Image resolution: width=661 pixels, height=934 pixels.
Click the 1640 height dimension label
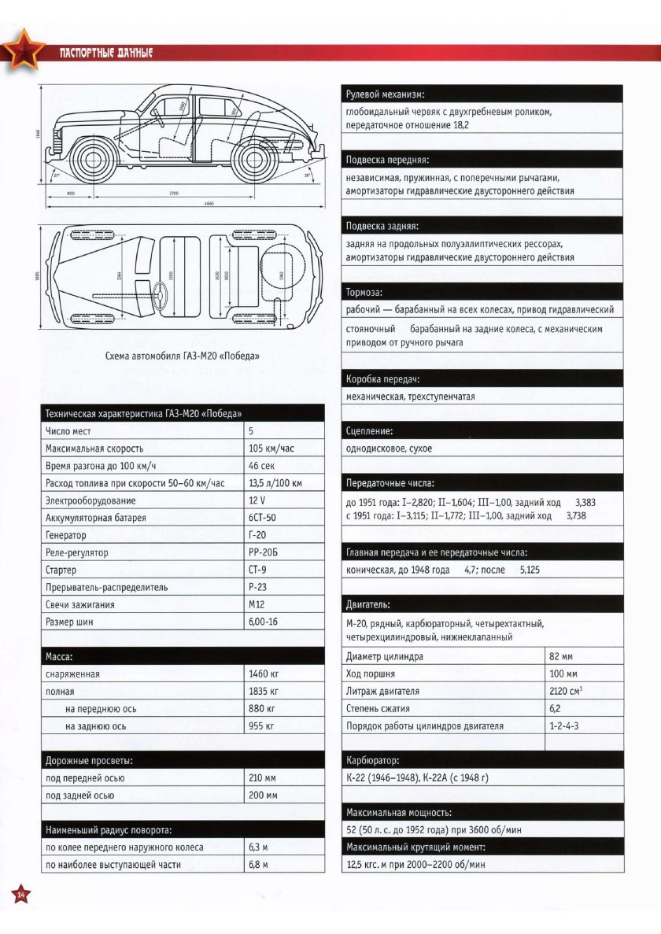tap(38, 133)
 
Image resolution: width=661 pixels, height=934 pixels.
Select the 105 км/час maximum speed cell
tap(271, 449)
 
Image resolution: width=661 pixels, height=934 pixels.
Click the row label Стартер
tap(61, 570)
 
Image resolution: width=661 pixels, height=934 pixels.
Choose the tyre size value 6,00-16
tap(263, 622)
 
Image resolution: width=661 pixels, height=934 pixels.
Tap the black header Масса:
tap(60, 656)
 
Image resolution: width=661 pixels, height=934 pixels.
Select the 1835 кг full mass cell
tap(264, 692)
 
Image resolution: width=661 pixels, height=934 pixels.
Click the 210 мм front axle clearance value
tap(263, 778)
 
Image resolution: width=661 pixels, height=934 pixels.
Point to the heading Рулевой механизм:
tap(385, 94)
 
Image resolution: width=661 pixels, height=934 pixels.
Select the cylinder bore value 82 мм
tap(561, 656)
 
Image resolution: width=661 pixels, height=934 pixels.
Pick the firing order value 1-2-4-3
tap(563, 725)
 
